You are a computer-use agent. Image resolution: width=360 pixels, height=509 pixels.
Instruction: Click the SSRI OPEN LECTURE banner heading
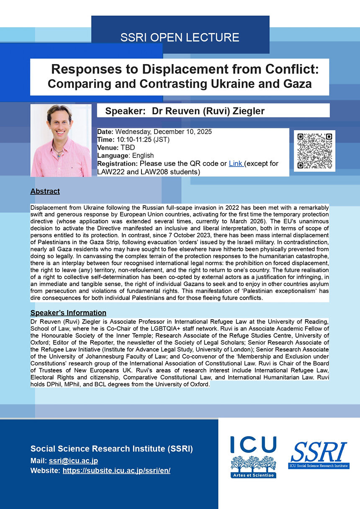click(x=180, y=37)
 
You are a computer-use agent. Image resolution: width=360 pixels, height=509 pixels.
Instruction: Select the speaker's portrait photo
click(x=61, y=140)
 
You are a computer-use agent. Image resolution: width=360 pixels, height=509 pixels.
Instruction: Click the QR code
click(x=314, y=151)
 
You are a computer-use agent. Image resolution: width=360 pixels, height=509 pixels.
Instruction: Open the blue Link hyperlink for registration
click(x=236, y=163)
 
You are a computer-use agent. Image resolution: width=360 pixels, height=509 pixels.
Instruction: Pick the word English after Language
click(x=143, y=155)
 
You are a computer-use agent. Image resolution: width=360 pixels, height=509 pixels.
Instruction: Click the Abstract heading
click(x=45, y=191)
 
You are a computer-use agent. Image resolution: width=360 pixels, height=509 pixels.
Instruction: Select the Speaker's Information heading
click(x=68, y=313)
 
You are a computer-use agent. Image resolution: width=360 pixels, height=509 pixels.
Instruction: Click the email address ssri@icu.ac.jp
click(x=73, y=461)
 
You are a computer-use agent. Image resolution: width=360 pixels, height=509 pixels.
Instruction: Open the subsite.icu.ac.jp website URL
click(x=116, y=470)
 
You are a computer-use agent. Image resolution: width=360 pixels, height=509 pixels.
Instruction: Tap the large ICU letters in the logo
click(x=253, y=445)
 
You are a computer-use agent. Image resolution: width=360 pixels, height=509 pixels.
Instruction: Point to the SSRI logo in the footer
click(x=319, y=455)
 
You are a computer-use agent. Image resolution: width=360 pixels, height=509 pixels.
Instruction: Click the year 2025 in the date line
click(x=204, y=132)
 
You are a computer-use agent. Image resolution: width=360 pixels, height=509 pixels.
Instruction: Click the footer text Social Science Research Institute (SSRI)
click(x=111, y=449)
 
